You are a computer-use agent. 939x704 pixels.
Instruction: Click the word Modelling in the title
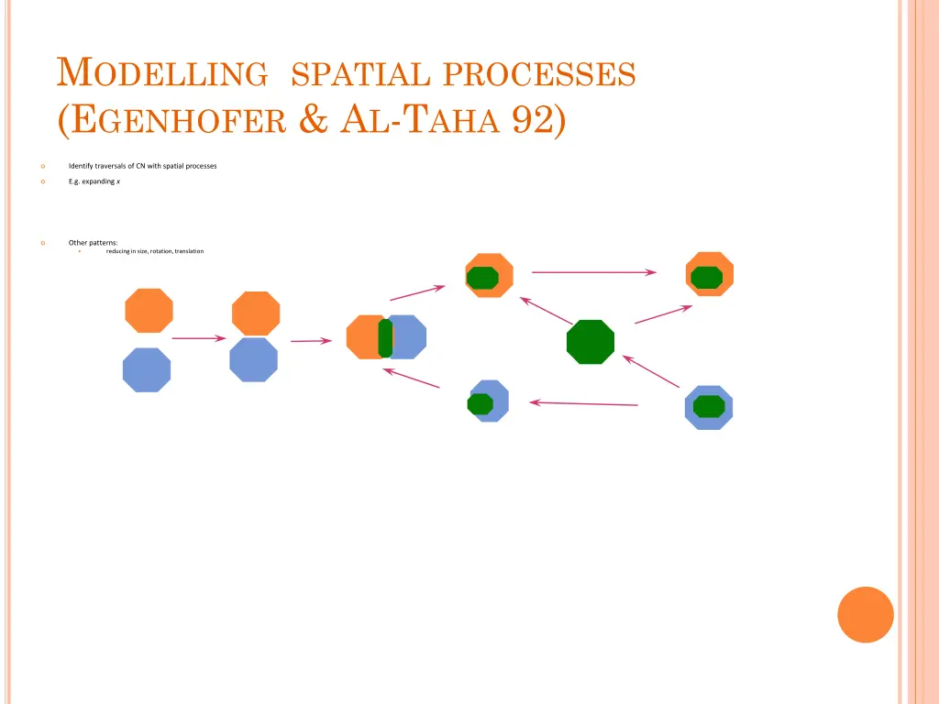coord(161,72)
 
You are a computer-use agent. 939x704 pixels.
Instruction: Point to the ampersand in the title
coord(314,121)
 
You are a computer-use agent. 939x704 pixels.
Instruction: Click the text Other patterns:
coord(93,243)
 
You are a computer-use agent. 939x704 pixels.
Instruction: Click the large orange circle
coord(866,614)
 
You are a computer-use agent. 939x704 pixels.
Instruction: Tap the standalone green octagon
coord(591,342)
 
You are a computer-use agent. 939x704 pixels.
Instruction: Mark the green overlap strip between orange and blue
coord(385,338)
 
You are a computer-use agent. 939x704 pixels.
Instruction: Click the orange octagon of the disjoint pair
coord(149,311)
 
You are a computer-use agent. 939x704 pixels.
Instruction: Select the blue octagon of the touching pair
coord(254,359)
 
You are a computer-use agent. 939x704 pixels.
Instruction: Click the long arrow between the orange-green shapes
coord(593,272)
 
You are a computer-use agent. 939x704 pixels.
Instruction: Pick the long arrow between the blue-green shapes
coord(583,403)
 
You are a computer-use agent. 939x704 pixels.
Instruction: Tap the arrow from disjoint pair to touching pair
coord(198,338)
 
